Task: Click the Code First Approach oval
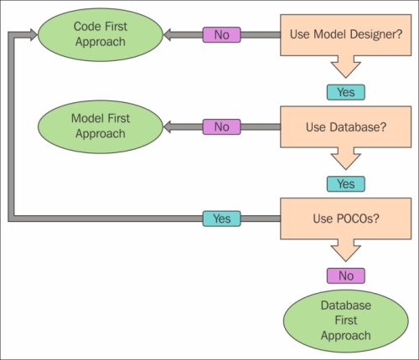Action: pos(101,34)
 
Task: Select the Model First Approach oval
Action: pos(101,126)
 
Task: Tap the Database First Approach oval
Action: pos(346,321)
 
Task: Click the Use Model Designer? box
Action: pos(346,35)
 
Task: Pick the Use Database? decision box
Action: pos(346,127)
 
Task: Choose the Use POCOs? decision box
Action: pos(346,219)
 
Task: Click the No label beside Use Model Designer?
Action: pos(221,35)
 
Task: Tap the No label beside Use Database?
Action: pos(221,127)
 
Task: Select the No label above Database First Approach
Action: pos(346,276)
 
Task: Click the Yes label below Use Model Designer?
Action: pos(346,92)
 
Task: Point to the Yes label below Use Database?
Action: pos(346,184)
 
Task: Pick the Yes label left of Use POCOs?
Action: pos(221,219)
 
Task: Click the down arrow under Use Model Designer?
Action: pos(346,67)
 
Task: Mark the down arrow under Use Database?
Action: pos(346,158)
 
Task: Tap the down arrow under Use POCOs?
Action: pos(346,250)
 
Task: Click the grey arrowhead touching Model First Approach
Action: pos(167,127)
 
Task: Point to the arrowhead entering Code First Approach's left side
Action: pos(34,35)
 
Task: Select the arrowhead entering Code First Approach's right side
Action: pos(167,35)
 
